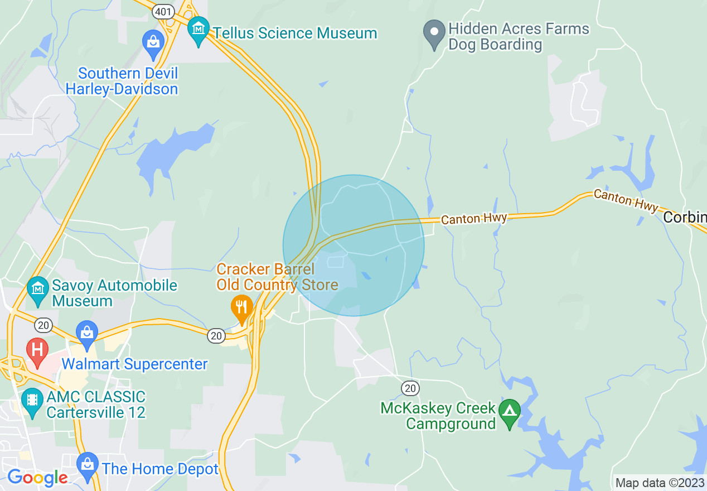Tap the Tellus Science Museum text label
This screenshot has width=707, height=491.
(295, 33)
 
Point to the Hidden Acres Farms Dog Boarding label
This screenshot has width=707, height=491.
(519, 37)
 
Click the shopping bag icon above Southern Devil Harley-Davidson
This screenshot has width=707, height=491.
(153, 42)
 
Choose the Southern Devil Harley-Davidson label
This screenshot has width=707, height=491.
(122, 81)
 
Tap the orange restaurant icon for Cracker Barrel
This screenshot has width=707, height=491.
(241, 307)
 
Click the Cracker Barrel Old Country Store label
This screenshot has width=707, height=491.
(277, 277)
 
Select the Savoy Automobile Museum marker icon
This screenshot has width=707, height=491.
(37, 289)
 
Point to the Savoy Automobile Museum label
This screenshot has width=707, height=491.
(114, 293)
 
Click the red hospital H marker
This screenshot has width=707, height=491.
(37, 350)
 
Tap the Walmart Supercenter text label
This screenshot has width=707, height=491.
(134, 364)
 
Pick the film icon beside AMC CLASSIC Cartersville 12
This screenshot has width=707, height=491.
(32, 401)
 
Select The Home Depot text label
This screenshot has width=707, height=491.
(160, 469)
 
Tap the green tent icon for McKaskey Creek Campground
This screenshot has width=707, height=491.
(509, 412)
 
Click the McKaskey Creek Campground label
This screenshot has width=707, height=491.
(438, 416)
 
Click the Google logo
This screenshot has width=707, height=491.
(37, 478)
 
